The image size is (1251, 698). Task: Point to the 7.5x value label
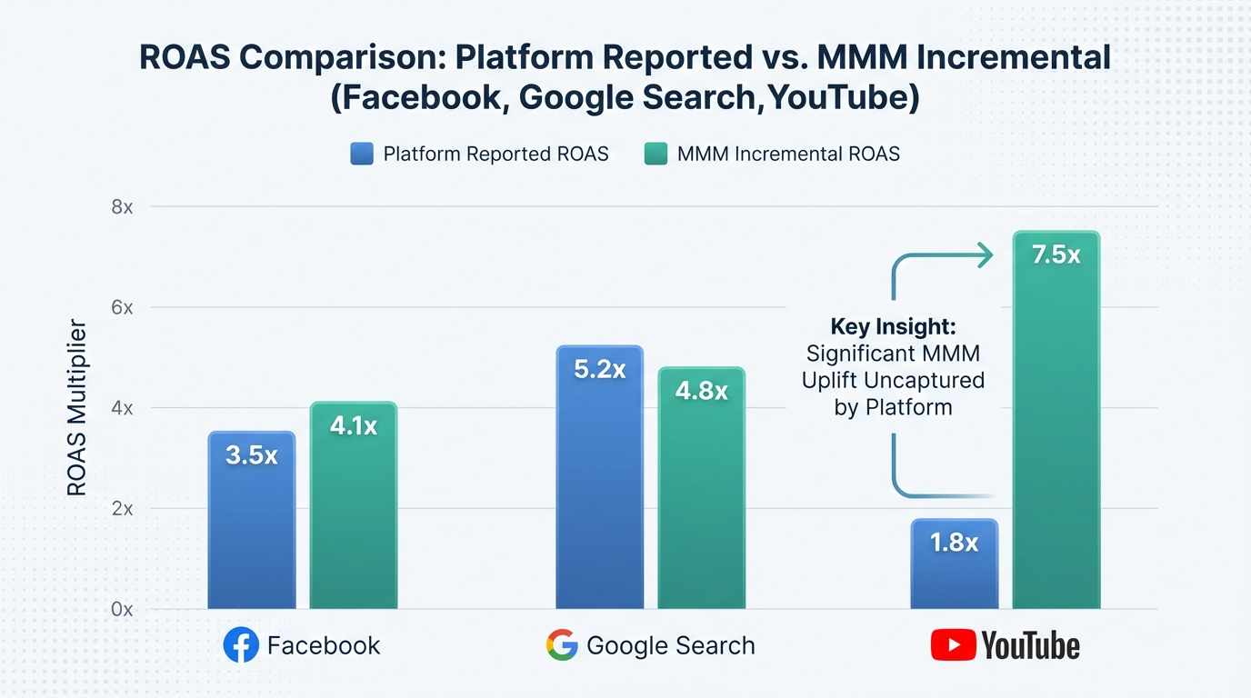pyautogui.click(x=1056, y=255)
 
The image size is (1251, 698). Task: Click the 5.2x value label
pyautogui.click(x=600, y=370)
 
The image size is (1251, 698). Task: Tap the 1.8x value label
pyautogui.click(x=954, y=543)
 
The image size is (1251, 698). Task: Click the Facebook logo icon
pyautogui.click(x=241, y=646)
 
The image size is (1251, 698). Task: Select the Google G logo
pyautogui.click(x=562, y=646)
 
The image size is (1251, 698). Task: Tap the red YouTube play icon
pyautogui.click(x=953, y=646)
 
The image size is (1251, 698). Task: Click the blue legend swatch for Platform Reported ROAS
pyautogui.click(x=362, y=154)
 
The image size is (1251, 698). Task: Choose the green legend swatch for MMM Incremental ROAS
pyautogui.click(x=656, y=154)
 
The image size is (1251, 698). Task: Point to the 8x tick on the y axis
pyautogui.click(x=122, y=207)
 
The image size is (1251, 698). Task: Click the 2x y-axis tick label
pyautogui.click(x=122, y=509)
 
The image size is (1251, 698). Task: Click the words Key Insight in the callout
pyautogui.click(x=893, y=327)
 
